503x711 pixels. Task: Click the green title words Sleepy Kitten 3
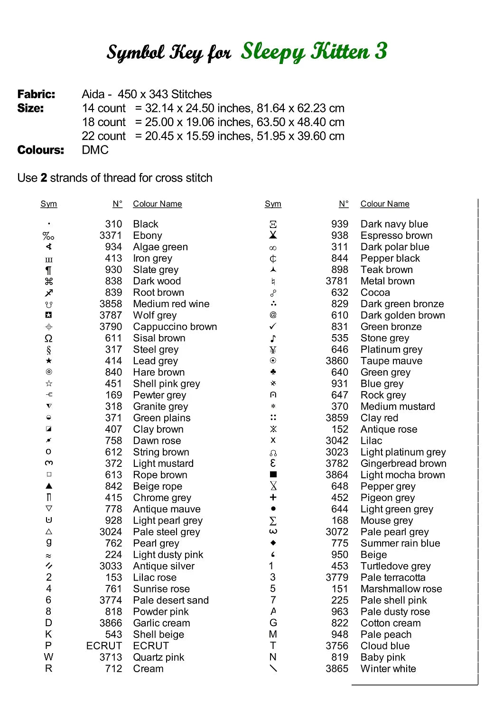[x=314, y=52]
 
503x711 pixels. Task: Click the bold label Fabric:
[x=36, y=94]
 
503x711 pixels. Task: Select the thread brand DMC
[x=95, y=150]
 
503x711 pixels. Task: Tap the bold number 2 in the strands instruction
[x=44, y=178]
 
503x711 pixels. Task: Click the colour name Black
[x=146, y=224]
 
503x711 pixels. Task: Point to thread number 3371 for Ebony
[x=111, y=236]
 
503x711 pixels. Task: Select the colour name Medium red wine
[x=171, y=304]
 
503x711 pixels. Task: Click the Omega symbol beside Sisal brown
[x=48, y=338]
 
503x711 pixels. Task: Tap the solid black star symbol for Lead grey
[x=48, y=361]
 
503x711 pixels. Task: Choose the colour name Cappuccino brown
[x=175, y=327]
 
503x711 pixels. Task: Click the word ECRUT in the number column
[x=104, y=646]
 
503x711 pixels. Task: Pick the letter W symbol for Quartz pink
[x=48, y=657]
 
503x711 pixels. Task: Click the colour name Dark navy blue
[x=394, y=224]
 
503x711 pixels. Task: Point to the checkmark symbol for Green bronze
[x=273, y=326]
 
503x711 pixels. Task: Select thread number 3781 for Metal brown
[x=337, y=281]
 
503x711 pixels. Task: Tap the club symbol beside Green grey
[x=273, y=372]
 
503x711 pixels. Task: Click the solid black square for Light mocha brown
[x=273, y=474]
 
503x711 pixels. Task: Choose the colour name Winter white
[x=388, y=669]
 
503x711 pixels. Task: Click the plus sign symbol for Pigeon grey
[x=273, y=497]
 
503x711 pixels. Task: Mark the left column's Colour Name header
[x=158, y=204]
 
